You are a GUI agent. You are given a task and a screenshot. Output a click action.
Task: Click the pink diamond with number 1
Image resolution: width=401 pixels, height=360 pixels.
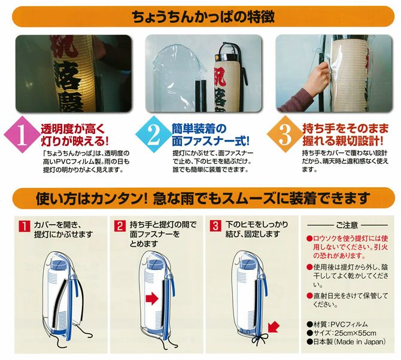point(23,135)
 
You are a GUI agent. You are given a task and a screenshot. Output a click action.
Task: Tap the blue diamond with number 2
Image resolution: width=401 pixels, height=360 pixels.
point(154,135)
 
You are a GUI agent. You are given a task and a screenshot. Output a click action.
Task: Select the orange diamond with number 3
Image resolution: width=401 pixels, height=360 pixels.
point(285,135)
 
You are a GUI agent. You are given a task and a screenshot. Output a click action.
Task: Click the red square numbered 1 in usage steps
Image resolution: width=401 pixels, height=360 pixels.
point(25,226)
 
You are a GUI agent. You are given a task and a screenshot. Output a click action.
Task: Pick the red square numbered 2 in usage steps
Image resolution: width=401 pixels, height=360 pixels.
point(120,226)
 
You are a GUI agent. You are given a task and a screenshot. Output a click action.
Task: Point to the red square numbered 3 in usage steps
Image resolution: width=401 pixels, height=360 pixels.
point(215,226)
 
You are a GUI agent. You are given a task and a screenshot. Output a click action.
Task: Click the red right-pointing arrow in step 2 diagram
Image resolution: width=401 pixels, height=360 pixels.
point(152,298)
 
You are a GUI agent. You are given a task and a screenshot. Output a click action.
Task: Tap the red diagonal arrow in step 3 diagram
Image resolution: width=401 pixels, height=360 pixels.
point(273,327)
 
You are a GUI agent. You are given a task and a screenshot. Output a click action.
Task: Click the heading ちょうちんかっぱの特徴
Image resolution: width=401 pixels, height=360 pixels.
point(203,17)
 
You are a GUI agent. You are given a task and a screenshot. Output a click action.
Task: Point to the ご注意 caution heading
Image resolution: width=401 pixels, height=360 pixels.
point(347,225)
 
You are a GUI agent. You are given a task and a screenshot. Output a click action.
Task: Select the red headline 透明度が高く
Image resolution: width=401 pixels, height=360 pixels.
point(74,129)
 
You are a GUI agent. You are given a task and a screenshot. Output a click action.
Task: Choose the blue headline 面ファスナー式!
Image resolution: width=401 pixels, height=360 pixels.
point(210,141)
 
